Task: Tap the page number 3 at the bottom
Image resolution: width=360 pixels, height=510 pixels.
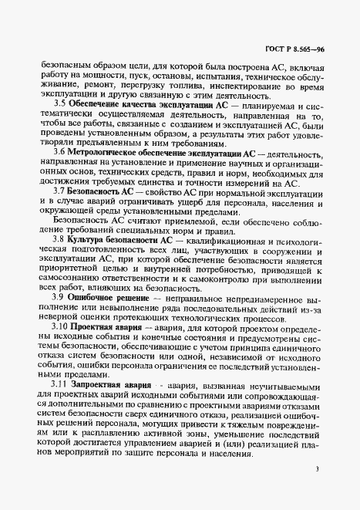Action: click(x=318, y=469)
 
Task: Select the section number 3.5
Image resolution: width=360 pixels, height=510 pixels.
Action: click(x=59, y=103)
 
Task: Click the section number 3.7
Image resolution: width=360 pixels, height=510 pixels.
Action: click(x=59, y=191)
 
